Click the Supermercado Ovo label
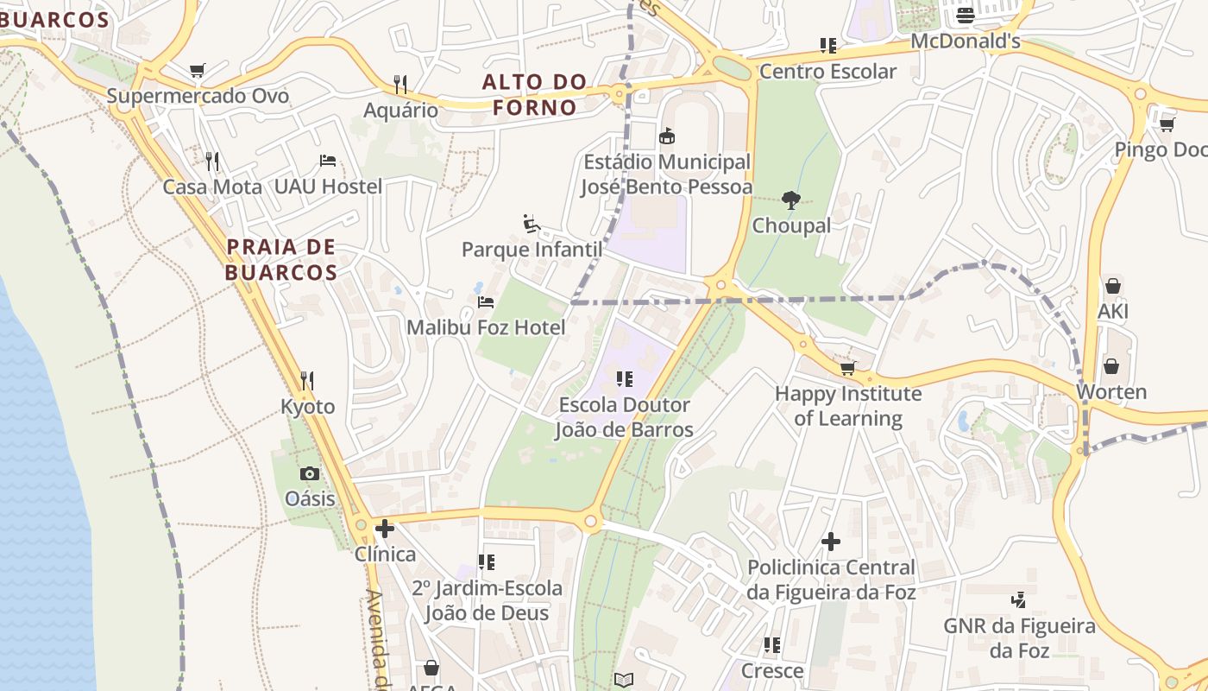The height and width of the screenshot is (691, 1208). click(x=198, y=96)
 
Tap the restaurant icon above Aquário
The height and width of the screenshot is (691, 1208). click(x=400, y=84)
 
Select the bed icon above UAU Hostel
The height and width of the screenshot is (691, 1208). click(x=327, y=161)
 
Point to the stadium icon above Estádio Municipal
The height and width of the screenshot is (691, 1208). click(x=666, y=136)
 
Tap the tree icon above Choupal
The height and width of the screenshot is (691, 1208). click(x=790, y=200)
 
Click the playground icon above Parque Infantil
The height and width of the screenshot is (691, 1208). click(x=532, y=225)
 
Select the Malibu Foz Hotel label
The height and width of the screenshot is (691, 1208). click(x=486, y=327)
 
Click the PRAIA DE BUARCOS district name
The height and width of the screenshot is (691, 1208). click(x=281, y=260)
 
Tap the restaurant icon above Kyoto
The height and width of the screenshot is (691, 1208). click(x=306, y=380)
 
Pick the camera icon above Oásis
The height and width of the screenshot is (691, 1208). click(x=310, y=473)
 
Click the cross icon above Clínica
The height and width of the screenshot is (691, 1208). click(x=385, y=529)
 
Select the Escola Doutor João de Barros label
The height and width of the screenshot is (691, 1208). click(x=624, y=417)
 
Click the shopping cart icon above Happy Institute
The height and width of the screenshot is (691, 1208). click(x=848, y=368)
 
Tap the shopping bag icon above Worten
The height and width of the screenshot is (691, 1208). click(x=1111, y=366)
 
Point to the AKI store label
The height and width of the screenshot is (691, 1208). click(x=1112, y=311)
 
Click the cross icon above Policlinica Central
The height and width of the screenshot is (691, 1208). click(x=831, y=542)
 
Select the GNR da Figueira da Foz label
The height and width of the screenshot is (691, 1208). click(x=1019, y=637)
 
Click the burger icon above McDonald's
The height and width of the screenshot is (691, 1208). click(x=966, y=15)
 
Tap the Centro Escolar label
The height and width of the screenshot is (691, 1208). click(x=827, y=72)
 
